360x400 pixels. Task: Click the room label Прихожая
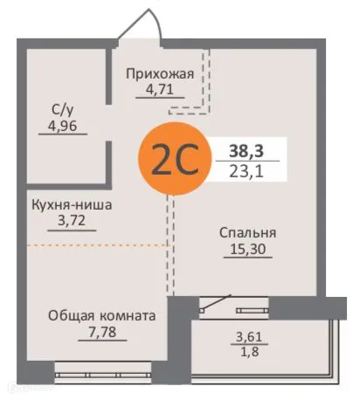pos(159,74)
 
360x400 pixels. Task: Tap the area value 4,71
pos(159,90)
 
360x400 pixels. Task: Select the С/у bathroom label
pos(62,110)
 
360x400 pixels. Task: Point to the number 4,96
pos(62,125)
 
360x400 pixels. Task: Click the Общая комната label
pos(101,316)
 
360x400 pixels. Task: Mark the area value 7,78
pos(101,332)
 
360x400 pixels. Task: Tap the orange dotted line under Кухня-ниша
pos(96,246)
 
